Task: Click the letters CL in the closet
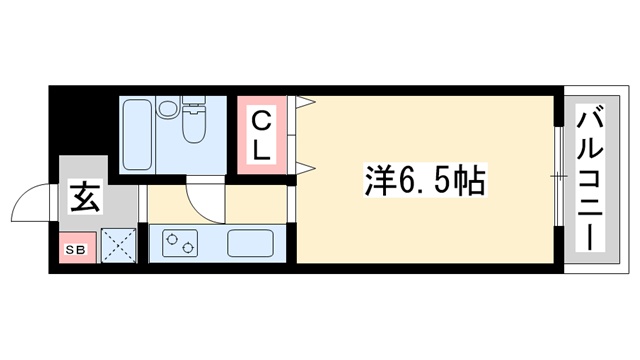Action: (260, 137)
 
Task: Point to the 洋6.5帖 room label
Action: (423, 182)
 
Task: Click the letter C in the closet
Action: (260, 122)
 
